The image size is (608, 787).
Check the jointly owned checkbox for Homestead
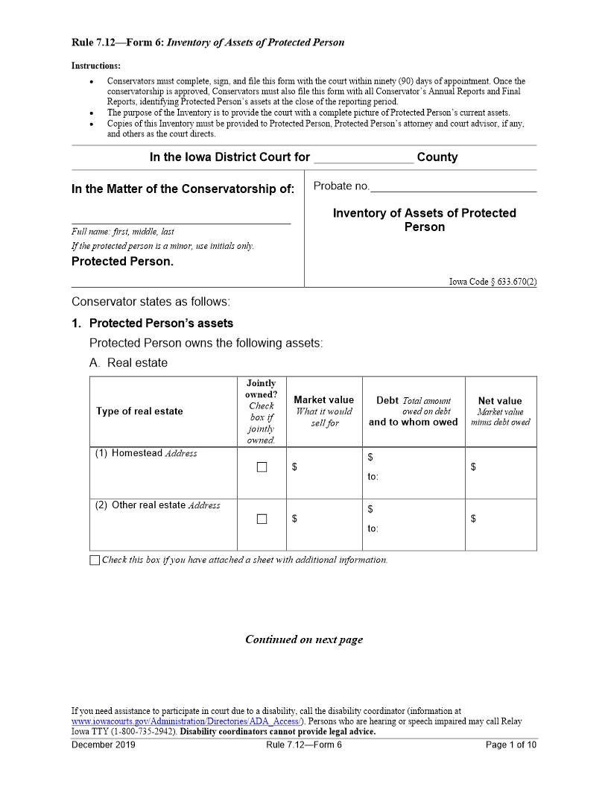[262, 467]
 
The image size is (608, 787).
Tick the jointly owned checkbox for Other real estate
[262, 519]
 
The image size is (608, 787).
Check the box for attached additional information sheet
[95, 560]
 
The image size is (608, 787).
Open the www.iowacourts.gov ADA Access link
[186, 721]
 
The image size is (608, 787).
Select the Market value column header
[323, 400]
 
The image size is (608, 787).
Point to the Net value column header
[500, 401]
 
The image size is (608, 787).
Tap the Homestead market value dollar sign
[295, 467]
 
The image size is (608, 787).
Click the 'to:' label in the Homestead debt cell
[373, 477]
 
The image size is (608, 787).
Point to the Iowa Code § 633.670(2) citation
[493, 282]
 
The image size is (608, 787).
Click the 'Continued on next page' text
[304, 639]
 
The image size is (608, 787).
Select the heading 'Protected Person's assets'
[161, 323]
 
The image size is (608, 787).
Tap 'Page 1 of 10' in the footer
[510, 745]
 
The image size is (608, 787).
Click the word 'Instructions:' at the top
[96, 66]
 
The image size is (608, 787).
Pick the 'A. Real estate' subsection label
[128, 363]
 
